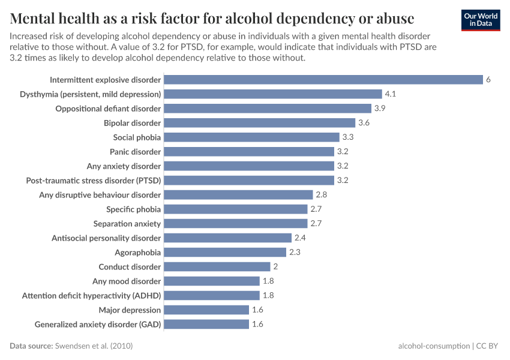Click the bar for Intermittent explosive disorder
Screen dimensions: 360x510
[x=323, y=80]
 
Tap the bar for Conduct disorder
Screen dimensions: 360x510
[x=217, y=267]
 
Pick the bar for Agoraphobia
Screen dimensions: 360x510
[x=225, y=253]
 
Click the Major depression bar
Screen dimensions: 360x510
[x=206, y=310]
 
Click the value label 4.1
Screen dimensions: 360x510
[x=391, y=94]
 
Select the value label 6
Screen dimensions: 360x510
[x=488, y=80]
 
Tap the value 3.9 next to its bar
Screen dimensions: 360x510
[x=380, y=109]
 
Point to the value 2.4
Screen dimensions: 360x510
[x=299, y=238]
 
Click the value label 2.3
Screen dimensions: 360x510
[x=295, y=253]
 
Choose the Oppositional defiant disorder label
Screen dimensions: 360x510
[x=108, y=109]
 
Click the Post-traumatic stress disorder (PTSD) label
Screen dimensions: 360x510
[x=94, y=181]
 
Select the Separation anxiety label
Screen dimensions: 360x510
[x=127, y=224]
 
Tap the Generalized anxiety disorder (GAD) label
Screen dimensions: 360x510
[x=98, y=325]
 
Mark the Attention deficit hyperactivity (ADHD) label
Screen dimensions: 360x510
[x=91, y=296]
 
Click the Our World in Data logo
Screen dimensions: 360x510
[x=481, y=20]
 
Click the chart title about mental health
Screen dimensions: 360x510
[x=212, y=16]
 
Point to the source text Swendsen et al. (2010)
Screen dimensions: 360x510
[x=94, y=346]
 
